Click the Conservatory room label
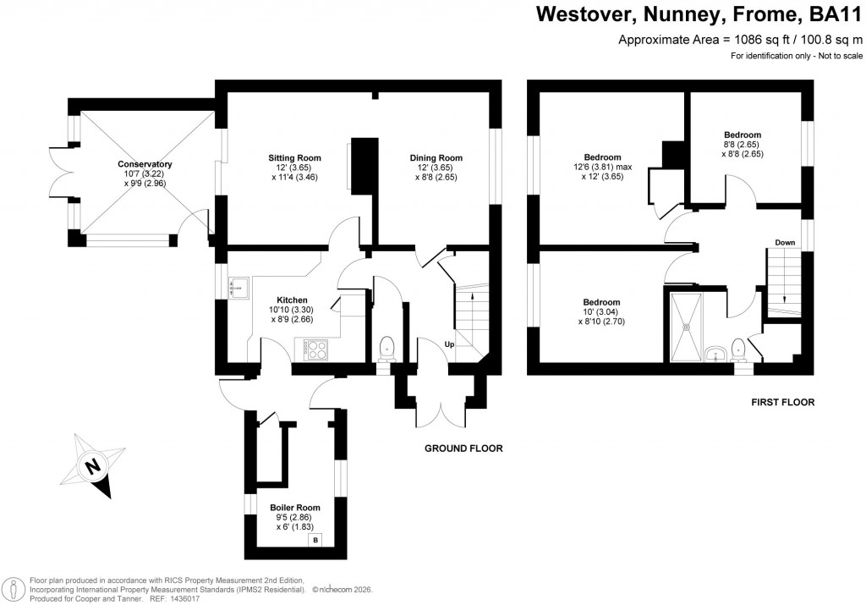pos(145,164)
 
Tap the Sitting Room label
pos(295,158)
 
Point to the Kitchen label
pos(292,300)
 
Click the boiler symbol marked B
pos(315,540)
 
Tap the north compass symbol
pos(93,465)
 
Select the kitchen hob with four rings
pos(315,348)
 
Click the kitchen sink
pos(238,288)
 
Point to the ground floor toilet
pos(386,346)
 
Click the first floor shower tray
pos(685,322)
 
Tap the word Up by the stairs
pos(449,344)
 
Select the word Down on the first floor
pos(784,243)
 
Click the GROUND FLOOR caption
pos(463,448)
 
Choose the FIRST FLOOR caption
pos(782,403)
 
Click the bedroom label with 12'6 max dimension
pos(603,157)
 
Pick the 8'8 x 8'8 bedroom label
pos(743,135)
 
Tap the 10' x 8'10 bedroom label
pos(601,302)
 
